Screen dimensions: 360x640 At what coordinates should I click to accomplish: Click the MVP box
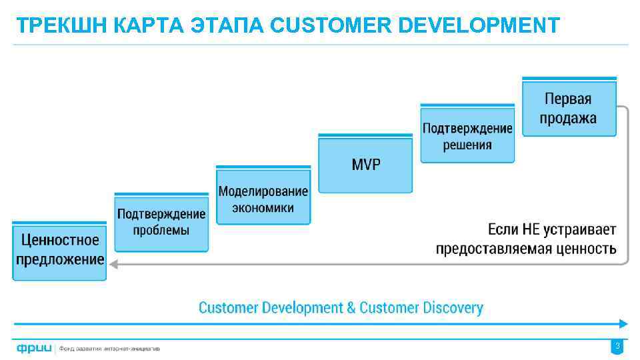click(365, 164)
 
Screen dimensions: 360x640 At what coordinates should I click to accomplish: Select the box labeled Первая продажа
click(569, 108)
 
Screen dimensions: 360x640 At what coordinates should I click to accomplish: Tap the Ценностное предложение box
click(59, 251)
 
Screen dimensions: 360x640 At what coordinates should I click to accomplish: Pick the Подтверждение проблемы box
click(161, 223)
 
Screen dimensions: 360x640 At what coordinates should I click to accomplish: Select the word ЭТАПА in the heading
click(228, 25)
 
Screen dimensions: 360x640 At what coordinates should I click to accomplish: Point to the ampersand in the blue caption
click(351, 308)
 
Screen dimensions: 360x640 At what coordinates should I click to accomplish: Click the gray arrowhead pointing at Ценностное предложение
click(114, 264)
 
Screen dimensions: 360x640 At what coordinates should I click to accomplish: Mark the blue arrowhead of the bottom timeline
click(623, 324)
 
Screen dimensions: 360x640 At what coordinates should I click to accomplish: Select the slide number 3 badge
click(617, 347)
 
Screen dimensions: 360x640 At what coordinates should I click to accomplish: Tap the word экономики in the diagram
click(263, 207)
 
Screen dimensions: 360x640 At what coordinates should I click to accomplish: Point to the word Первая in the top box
click(568, 99)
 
